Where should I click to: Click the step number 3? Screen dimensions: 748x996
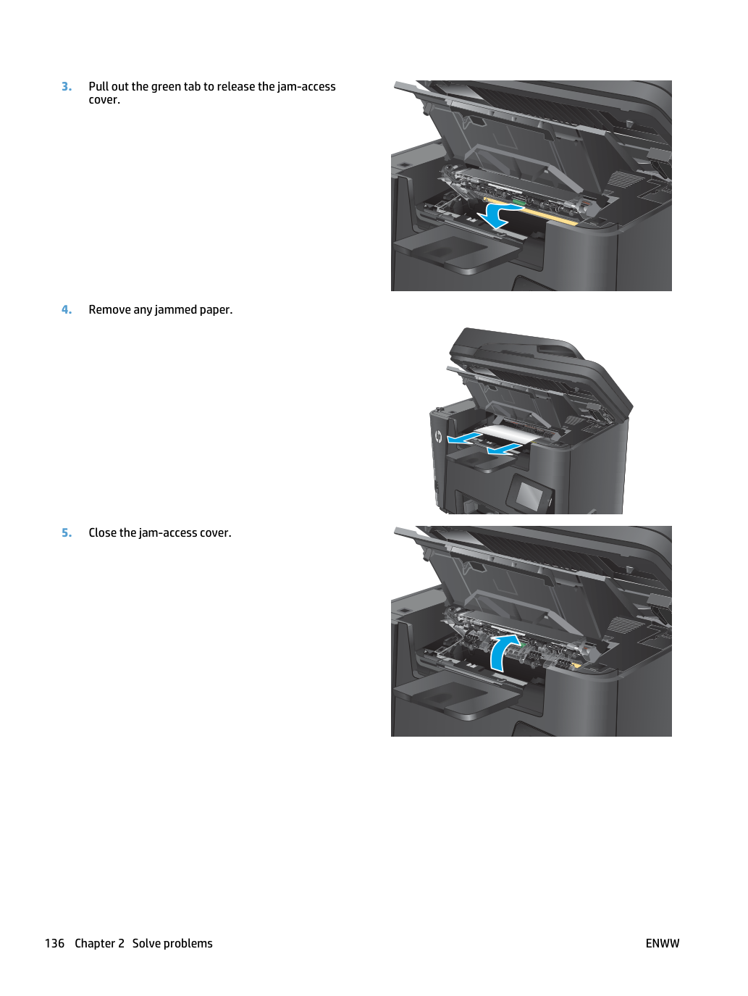(x=67, y=86)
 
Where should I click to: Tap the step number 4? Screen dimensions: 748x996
(x=67, y=309)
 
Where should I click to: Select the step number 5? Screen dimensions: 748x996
(x=67, y=532)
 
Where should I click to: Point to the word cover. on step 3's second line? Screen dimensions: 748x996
(x=104, y=100)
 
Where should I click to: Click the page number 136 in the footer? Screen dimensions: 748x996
(x=54, y=943)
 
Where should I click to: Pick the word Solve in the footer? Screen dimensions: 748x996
(x=146, y=943)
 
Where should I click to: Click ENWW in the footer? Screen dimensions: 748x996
(x=663, y=943)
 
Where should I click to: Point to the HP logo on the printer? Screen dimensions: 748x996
(x=438, y=437)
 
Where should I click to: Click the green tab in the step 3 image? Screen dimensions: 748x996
(x=518, y=202)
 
